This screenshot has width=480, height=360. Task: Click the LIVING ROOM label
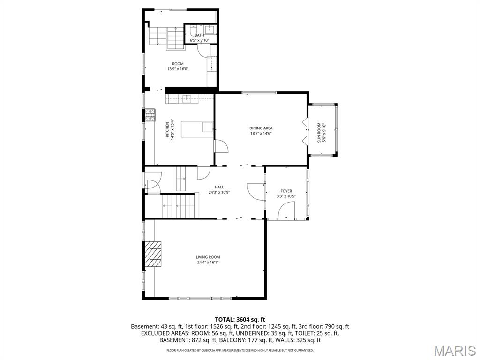coord(208,257)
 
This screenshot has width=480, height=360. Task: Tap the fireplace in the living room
coord(152,254)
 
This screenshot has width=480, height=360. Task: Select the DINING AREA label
coord(261,128)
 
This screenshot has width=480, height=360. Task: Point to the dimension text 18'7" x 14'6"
coord(261,133)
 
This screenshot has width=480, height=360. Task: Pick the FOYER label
coord(286,191)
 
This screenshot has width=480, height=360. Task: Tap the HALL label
coord(219,187)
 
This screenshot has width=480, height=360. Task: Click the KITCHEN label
coord(167,129)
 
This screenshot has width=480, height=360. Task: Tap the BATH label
coord(200,35)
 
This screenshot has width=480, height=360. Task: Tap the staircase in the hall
coord(178,205)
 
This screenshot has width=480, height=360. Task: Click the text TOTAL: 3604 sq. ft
coord(240,319)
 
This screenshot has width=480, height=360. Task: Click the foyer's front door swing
coord(286,212)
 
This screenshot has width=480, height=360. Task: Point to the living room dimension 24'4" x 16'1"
coord(208,262)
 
